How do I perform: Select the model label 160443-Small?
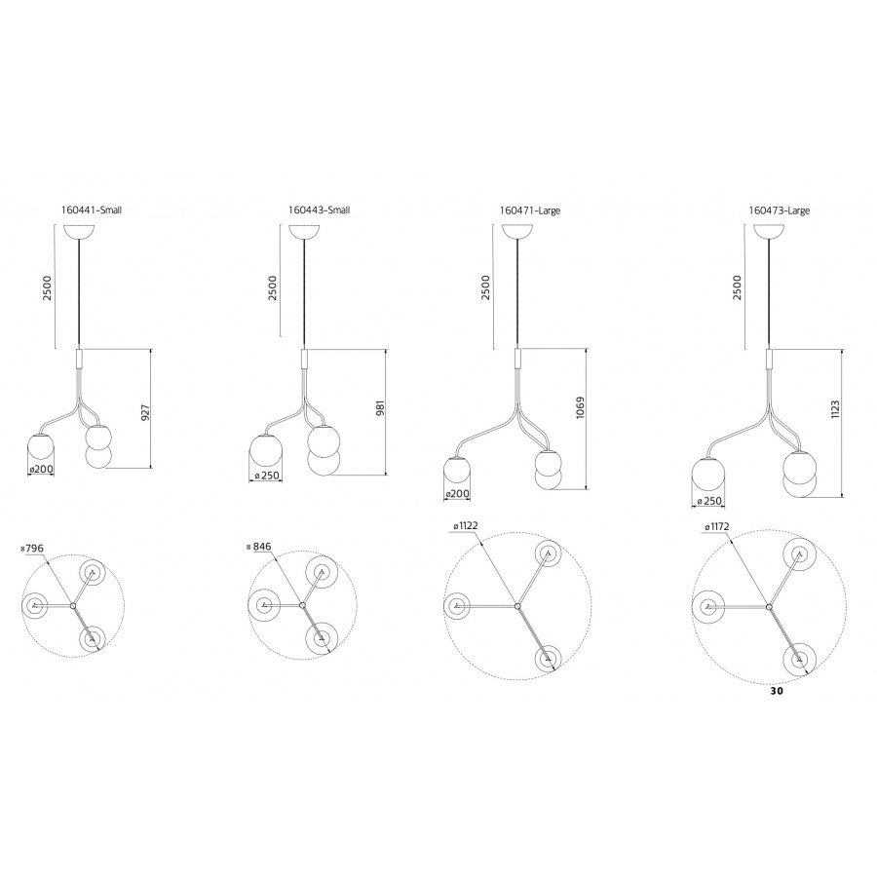coord(319,210)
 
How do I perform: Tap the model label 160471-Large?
coord(529,210)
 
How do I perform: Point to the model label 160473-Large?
coord(779,210)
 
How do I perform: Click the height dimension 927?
coord(146,412)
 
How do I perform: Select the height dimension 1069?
coord(580,408)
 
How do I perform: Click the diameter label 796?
coord(33,549)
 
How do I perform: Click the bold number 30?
coord(776,691)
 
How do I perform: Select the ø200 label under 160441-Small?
coord(41,469)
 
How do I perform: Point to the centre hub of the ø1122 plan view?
coord(517,606)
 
